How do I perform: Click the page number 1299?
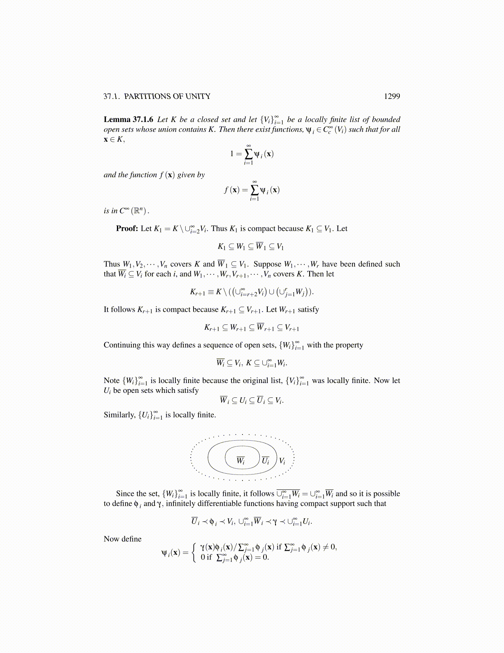[392, 96]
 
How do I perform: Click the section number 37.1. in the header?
[111, 96]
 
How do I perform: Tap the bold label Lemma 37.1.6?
[128, 120]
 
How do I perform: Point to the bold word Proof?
[127, 228]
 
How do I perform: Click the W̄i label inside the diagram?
[241, 460]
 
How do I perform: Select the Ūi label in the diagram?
[266, 460]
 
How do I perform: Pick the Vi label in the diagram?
[282, 461]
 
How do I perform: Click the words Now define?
[122, 539]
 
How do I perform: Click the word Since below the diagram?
[125, 493]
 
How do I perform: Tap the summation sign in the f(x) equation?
[254, 190]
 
